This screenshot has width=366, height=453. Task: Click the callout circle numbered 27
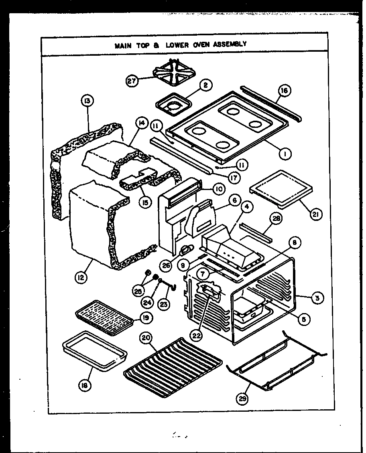(132, 81)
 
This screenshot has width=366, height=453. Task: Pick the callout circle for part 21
(316, 214)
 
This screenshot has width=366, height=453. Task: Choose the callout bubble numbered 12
(81, 277)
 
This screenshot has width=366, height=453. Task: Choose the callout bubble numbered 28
(276, 218)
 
